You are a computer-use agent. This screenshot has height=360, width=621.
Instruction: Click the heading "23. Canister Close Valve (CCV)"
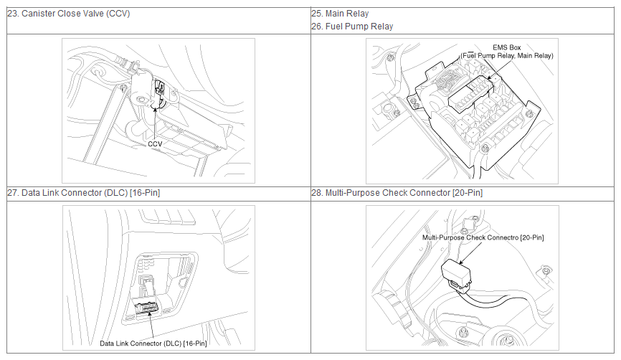click(69, 14)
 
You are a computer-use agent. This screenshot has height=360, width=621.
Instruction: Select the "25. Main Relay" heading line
click(340, 14)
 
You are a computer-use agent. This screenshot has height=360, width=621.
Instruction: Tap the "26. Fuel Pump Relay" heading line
click(352, 26)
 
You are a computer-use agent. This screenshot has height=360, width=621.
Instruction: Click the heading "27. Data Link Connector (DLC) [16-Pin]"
click(84, 193)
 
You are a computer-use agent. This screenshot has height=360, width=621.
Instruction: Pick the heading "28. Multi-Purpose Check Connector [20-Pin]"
click(397, 193)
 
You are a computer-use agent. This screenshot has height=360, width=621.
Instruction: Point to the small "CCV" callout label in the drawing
click(155, 144)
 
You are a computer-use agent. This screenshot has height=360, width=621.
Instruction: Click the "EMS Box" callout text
click(506, 47)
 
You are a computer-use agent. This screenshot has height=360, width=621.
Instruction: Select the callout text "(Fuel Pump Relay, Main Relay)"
click(506, 56)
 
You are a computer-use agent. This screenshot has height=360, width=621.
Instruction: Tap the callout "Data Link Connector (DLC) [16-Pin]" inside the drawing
click(153, 344)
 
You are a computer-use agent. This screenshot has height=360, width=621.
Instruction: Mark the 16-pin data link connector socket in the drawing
click(146, 307)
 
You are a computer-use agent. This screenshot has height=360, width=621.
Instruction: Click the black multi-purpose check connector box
click(456, 273)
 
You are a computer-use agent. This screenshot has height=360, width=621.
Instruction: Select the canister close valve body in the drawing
click(142, 90)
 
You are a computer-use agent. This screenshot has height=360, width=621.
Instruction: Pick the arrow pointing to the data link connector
click(151, 325)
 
